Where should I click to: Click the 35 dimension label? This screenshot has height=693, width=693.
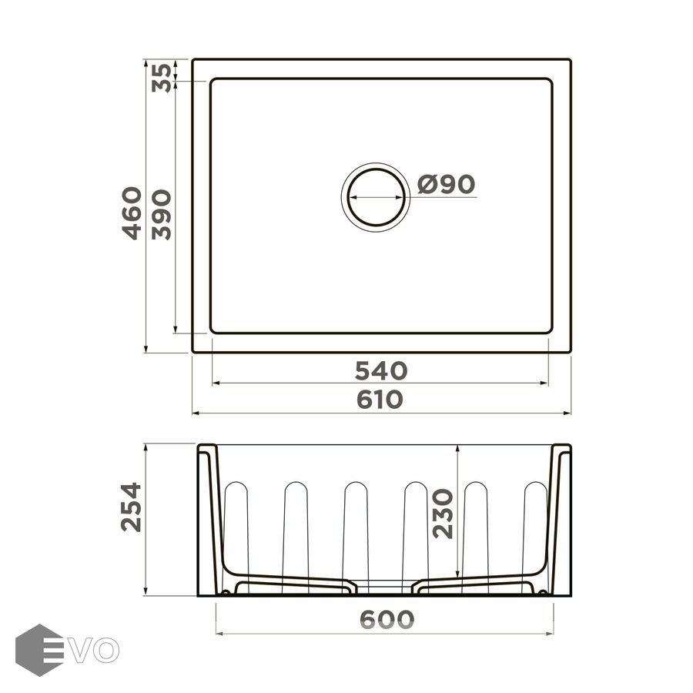161,78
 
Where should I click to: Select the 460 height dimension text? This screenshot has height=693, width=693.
132,213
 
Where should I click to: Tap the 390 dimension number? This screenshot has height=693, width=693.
161,215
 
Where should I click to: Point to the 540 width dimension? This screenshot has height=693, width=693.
381,371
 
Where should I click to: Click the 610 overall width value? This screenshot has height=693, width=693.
380,400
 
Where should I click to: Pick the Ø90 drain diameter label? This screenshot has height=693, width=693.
447,184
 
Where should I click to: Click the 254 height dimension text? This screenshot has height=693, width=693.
131,507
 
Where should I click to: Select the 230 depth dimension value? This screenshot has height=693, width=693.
443,514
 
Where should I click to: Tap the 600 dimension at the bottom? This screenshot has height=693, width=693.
387,619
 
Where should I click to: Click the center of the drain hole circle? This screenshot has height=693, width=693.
376,197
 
